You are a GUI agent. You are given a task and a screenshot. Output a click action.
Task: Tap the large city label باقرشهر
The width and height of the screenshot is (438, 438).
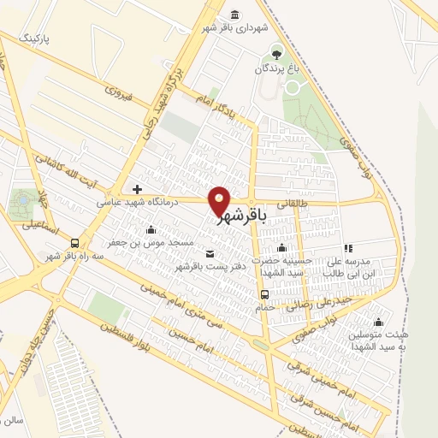(242, 217)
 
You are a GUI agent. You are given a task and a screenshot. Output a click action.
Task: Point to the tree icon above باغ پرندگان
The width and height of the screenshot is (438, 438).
(275, 50)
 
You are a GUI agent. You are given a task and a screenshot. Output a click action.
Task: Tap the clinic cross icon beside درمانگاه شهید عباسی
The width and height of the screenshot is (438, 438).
(137, 188)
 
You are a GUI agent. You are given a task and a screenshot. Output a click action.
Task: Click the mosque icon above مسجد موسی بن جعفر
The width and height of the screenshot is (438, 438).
(151, 228)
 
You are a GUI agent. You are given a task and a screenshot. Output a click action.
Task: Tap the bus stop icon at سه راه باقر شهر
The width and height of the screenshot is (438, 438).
(75, 242)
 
